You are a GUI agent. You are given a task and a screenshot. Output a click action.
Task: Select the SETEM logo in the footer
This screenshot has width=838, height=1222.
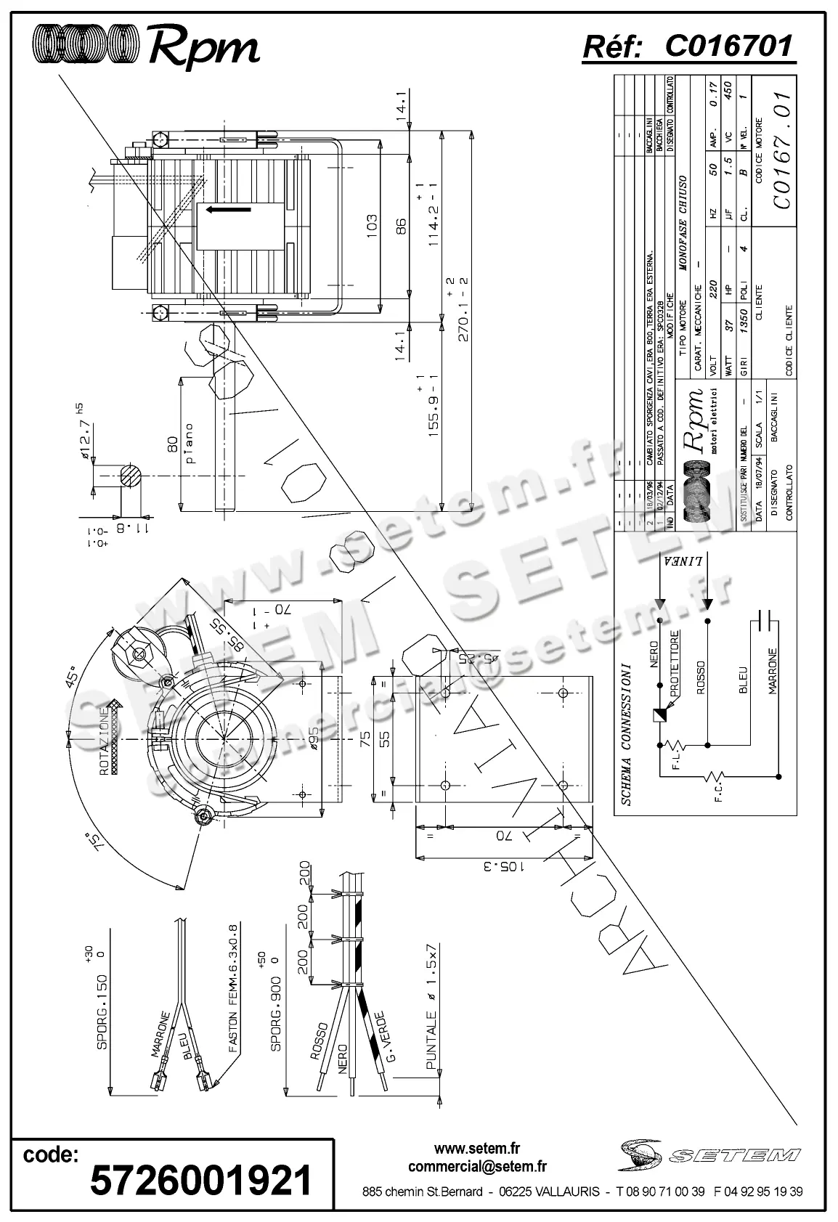(711, 1154)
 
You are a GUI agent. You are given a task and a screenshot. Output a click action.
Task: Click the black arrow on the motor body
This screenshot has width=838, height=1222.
(228, 210)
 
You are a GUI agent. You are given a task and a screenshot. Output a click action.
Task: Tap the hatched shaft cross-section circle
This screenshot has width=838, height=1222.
(128, 477)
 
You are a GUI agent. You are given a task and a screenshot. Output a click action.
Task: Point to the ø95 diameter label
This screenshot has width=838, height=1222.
(314, 738)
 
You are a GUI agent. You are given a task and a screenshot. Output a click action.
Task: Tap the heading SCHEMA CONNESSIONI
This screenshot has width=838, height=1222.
(626, 733)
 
